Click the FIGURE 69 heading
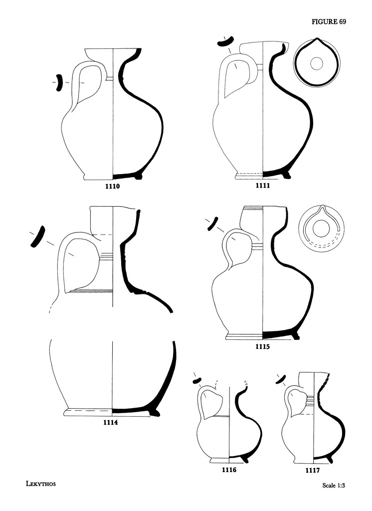coord(329,22)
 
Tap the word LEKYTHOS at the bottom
coord(41,484)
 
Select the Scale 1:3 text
coord(334,485)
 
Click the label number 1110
coord(112,187)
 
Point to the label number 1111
coord(263,186)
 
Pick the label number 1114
coord(110,422)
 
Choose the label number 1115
coord(262,346)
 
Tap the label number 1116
coord(229,470)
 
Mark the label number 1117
coord(312,470)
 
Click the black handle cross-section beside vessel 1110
coord(59,83)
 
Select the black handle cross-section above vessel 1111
coord(224,41)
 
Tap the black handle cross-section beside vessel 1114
coord(38,236)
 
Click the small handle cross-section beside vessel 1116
coord(197,380)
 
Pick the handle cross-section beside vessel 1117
coord(280,379)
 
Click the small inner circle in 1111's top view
coord(316,63)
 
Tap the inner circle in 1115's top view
coord(320,228)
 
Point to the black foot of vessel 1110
coord(138,176)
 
